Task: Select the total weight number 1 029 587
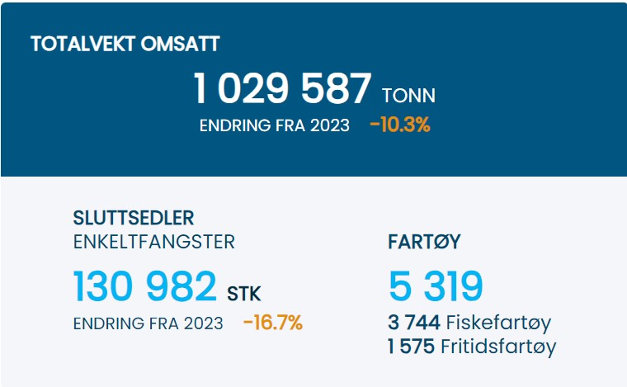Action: pos(282,89)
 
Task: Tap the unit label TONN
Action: pos(408,96)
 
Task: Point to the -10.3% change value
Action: pos(400,125)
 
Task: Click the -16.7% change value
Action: pos(273,323)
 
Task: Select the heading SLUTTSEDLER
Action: pos(134,219)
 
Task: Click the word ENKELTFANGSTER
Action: pos(154,242)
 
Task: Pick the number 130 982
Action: pos(145,286)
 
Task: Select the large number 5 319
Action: pos(436,286)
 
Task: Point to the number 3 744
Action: pos(415,323)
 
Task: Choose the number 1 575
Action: pos(411,347)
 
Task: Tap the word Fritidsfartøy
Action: pos(498,347)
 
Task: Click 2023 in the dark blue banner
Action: pos(328,125)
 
